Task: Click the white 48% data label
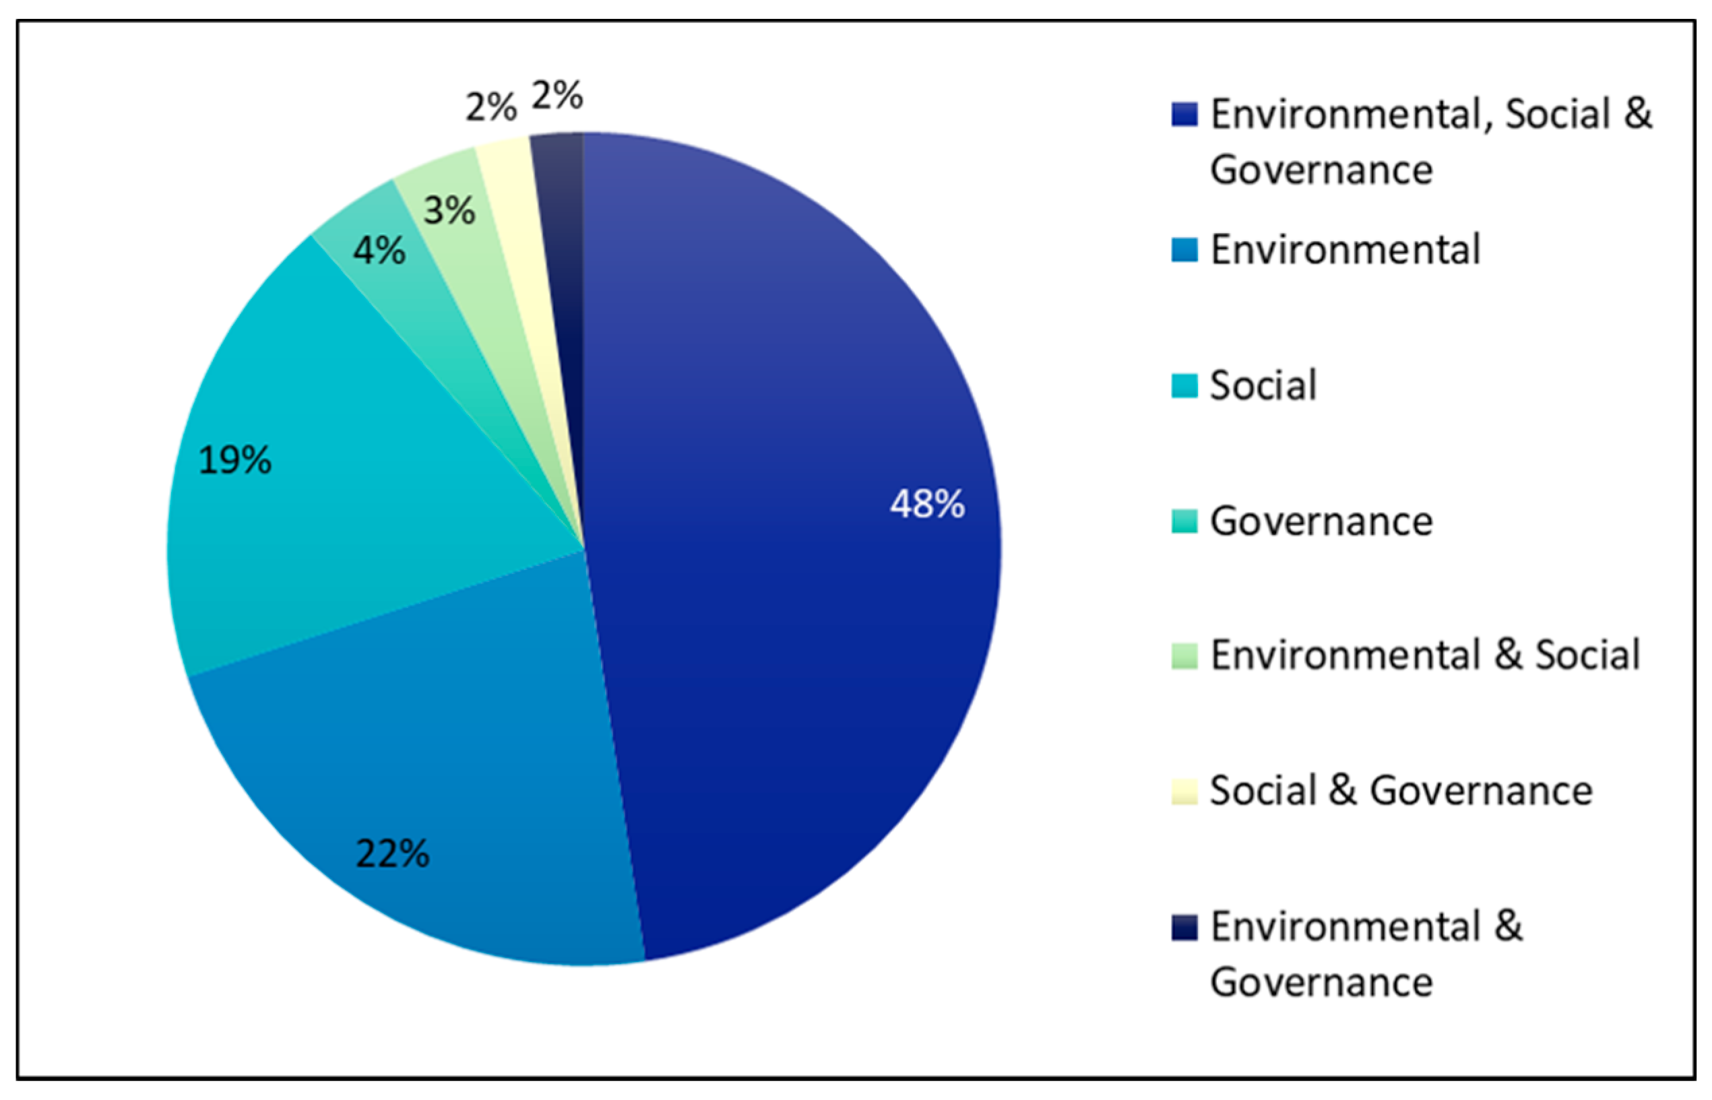(926, 505)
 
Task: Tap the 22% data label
(392, 853)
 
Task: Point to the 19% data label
(234, 460)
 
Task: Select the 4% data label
(379, 251)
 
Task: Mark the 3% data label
(449, 211)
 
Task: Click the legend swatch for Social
(1184, 387)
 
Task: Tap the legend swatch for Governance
(1184, 521)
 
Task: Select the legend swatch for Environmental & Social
(1184, 655)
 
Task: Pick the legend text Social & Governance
(1400, 791)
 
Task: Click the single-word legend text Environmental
(1344, 250)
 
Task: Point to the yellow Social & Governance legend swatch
(1184, 791)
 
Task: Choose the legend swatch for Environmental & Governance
(1184, 927)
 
